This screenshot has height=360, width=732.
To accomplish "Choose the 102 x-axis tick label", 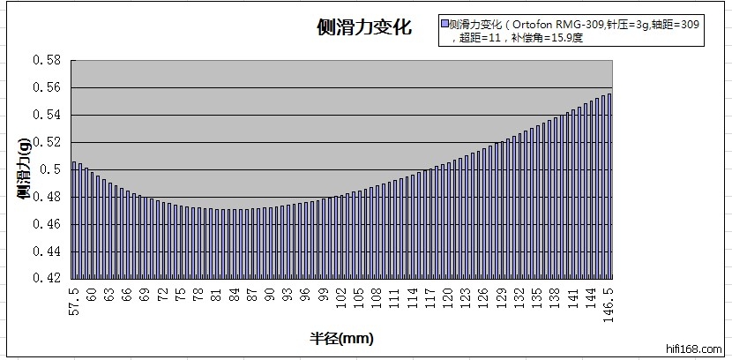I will click(x=341, y=296).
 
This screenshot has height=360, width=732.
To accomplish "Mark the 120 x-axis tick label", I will click(x=449, y=296).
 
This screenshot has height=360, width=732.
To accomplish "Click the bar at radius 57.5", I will click(x=74, y=221).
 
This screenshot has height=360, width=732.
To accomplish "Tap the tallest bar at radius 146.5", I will click(x=609, y=186).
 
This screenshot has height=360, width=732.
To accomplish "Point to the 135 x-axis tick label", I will click(x=538, y=296).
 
